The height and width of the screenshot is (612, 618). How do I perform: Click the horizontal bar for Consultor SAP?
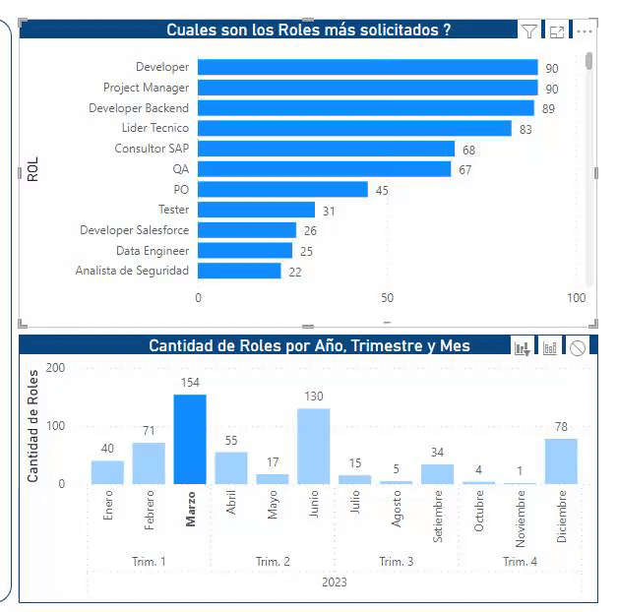point(326,149)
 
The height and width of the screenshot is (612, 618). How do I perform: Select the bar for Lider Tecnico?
point(354,128)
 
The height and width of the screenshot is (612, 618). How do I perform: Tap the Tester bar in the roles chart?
point(256,210)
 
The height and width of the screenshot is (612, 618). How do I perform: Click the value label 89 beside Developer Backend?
point(548,109)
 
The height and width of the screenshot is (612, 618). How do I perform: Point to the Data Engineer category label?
point(153,251)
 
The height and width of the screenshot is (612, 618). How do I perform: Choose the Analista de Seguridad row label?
point(132,271)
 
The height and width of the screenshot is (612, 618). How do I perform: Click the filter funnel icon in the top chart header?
point(529,31)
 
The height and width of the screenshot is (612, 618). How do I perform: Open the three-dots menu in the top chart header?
point(585,31)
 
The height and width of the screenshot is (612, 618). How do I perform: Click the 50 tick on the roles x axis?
point(387,298)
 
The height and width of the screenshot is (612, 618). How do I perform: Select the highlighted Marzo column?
point(190,439)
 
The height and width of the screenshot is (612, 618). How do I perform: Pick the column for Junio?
point(314,446)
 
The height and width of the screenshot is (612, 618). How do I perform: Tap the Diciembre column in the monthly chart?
point(561,460)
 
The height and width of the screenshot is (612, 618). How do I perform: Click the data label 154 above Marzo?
point(190,382)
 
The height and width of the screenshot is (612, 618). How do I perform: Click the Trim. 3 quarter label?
point(396,562)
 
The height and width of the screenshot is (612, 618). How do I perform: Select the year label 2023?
point(335,582)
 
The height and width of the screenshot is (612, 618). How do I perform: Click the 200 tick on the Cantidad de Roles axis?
point(55,368)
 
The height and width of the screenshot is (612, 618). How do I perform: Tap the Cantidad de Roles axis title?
point(32,425)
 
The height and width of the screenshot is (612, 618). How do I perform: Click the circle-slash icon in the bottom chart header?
point(578,347)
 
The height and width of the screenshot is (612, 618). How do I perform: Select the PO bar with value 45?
point(282,189)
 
